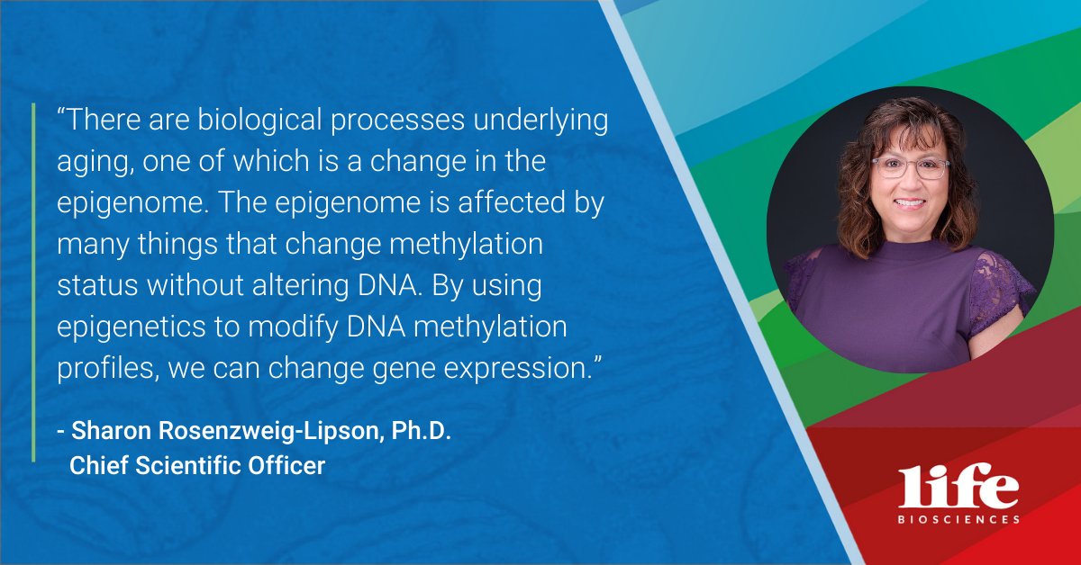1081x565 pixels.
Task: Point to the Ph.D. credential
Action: pyautogui.click(x=421, y=432)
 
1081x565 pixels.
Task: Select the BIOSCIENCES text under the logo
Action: pyautogui.click(x=958, y=519)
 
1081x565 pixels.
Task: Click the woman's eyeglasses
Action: pyautogui.click(x=910, y=168)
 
